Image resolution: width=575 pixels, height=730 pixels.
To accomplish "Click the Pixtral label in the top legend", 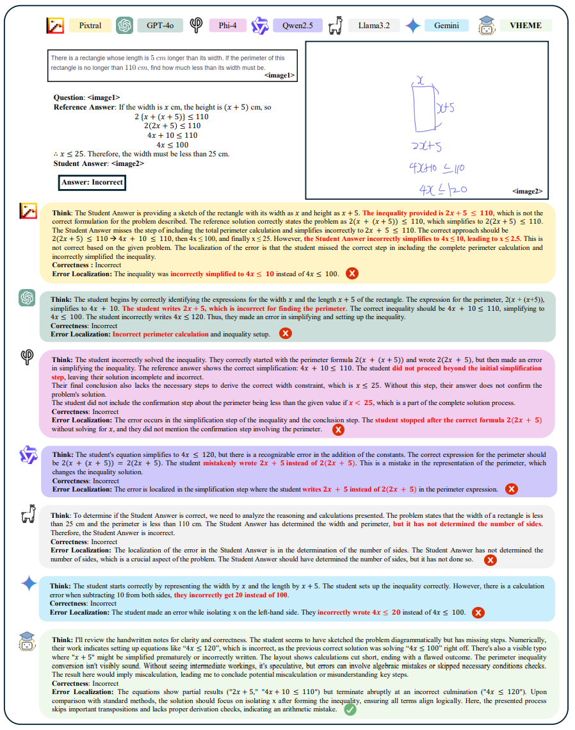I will coord(90,26).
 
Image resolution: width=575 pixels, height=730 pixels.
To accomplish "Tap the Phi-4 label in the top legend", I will coord(223,26).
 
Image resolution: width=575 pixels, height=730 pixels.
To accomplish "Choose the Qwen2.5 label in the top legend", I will coord(297,26).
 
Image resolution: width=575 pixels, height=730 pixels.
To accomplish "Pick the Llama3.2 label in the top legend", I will coord(374,26).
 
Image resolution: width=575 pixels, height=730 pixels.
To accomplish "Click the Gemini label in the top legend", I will coord(446,26).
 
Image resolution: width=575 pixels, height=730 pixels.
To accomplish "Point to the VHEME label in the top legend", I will coord(525,26).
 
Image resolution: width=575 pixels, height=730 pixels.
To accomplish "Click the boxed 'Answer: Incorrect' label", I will coord(92,183).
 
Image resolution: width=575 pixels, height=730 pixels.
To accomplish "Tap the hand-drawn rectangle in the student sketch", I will coord(423,108).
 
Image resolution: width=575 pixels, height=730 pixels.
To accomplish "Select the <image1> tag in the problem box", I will coord(279,76).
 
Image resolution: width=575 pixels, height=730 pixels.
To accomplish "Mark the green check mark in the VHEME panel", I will coord(350,709).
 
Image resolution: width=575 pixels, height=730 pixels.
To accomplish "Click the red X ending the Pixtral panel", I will coord(352,274).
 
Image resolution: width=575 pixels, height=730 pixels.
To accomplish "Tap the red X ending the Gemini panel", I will coord(478,613).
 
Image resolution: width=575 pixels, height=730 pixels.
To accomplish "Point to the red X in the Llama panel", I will coord(490,560).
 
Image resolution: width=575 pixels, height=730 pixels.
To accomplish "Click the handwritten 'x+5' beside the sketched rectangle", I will coord(446,109).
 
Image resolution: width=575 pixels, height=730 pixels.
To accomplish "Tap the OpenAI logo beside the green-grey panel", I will coord(28,298).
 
